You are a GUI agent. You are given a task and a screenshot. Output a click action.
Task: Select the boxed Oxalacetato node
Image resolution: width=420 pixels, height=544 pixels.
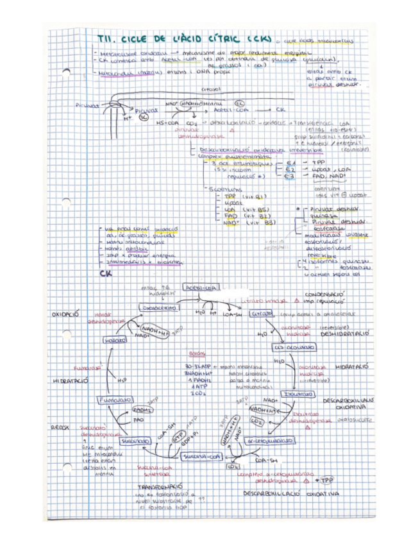point(158,309)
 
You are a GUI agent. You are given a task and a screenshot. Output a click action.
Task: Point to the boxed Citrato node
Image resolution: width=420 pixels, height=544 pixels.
point(262,314)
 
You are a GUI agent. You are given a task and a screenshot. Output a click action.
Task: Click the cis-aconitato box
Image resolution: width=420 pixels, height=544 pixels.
point(295,347)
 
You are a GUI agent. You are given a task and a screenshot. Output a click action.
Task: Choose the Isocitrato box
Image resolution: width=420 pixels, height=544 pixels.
point(298,393)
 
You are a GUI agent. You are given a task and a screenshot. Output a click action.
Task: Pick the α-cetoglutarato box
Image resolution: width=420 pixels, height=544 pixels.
point(273,441)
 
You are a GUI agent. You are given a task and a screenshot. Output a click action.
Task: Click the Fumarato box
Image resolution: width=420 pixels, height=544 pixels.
point(113,400)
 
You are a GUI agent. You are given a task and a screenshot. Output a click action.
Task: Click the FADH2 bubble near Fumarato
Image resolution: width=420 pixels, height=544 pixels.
point(142,409)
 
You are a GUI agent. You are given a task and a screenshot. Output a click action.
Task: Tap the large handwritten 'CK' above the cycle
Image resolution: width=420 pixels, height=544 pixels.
point(106,274)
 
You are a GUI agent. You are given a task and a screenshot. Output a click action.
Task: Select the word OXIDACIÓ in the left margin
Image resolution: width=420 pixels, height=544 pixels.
point(65,315)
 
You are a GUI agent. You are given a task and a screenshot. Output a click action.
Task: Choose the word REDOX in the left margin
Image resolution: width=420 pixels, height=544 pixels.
point(60,427)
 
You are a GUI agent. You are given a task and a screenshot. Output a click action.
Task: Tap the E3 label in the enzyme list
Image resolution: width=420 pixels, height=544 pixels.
point(290,175)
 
